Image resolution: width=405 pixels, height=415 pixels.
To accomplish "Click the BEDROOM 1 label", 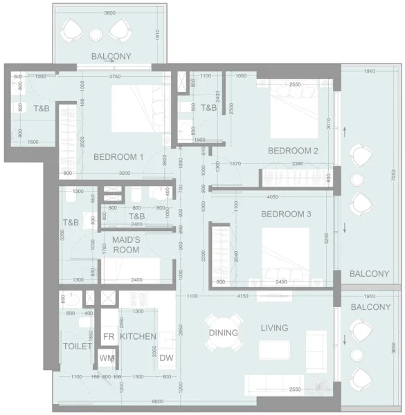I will (x=118, y=157).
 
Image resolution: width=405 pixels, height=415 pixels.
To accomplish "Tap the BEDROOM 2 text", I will (x=293, y=151).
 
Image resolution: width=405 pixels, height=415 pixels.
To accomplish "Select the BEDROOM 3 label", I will (x=286, y=214).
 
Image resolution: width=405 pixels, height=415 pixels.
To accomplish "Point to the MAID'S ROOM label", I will (x=127, y=244).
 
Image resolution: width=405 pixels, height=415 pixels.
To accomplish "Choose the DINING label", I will (x=224, y=333).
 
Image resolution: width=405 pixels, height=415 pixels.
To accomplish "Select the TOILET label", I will (x=76, y=346).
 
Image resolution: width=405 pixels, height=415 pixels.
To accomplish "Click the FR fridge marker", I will (x=108, y=336).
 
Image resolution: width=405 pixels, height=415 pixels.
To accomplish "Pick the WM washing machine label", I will (x=107, y=358).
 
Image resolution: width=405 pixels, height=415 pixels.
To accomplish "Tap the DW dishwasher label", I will (x=166, y=358).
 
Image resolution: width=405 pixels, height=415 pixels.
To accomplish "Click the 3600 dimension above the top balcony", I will (x=105, y=12).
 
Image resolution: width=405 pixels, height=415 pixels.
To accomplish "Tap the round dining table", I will (x=224, y=333).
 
